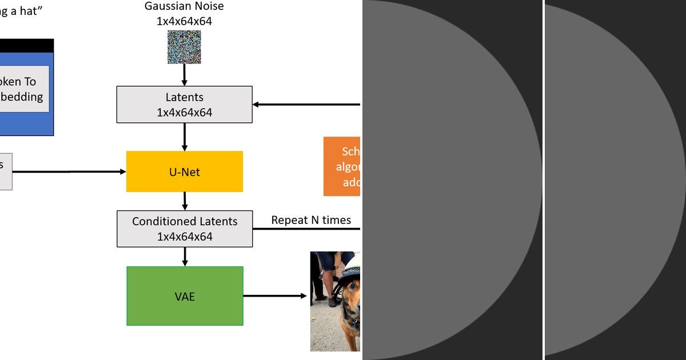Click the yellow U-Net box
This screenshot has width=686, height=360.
point(185,171)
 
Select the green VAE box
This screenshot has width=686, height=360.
point(185,296)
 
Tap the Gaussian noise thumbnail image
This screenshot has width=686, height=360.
point(184,47)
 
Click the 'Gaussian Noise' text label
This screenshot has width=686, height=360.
point(184,6)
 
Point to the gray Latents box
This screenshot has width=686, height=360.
point(184,105)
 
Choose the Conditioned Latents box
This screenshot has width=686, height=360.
point(185,229)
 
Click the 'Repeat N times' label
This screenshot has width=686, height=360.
point(311,220)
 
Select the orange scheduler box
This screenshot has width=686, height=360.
point(342,166)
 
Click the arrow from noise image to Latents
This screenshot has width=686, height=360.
point(184,75)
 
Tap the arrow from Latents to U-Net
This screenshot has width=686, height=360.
point(184,137)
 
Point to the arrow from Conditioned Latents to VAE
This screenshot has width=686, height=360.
point(185,257)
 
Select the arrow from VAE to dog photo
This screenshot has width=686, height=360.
point(275,296)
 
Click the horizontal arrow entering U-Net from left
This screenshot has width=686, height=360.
point(69,171)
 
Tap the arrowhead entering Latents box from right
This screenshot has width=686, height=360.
point(257,105)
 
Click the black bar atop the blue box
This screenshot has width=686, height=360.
point(26,46)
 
